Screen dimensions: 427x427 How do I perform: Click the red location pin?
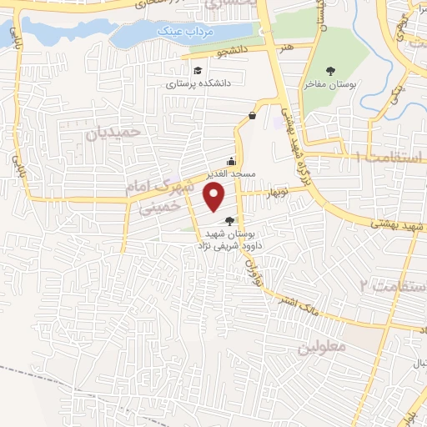(x=215, y=197)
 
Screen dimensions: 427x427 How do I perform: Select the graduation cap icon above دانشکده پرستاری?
(x=197, y=70)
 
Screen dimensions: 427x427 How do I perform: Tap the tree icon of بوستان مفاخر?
(x=332, y=70)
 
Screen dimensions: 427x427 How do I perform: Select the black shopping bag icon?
(x=252, y=116)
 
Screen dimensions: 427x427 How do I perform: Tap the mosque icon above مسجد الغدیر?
(x=231, y=162)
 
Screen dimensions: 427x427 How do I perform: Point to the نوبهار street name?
(x=277, y=193)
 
